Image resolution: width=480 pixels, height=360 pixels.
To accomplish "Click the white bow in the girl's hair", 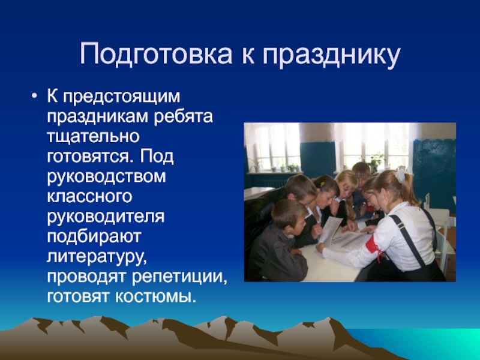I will (400, 176).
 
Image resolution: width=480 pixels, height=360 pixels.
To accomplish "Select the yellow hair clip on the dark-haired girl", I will (322, 184).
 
